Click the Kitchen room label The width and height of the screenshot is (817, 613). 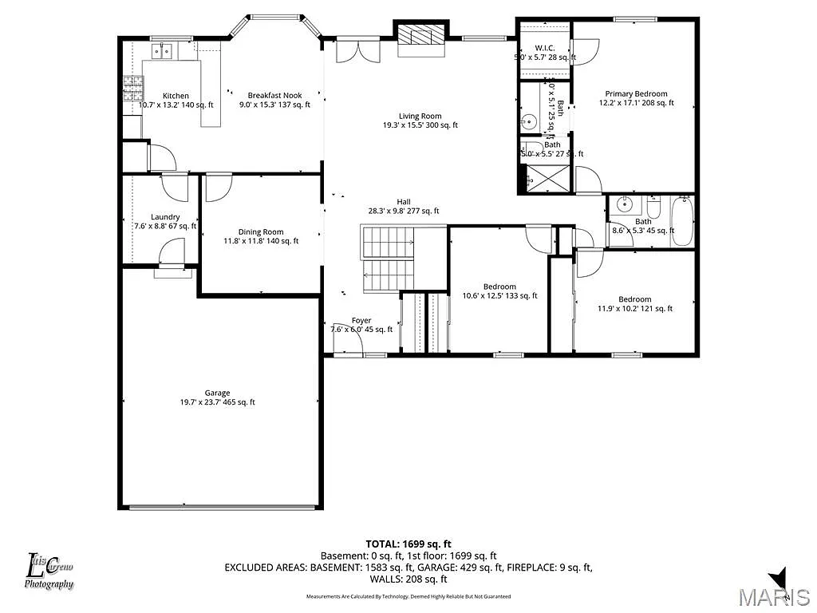click(176, 96)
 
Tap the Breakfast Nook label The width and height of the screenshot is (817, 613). click(274, 95)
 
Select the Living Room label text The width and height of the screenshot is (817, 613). click(420, 116)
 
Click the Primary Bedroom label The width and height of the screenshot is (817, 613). click(636, 93)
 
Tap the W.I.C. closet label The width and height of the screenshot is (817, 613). click(544, 48)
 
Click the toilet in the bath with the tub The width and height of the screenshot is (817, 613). click(653, 209)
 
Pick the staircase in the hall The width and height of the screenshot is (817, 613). click(389, 259)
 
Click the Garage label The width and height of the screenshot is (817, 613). click(217, 393)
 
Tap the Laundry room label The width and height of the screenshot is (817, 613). click(165, 217)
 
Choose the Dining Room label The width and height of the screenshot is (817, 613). click(261, 231)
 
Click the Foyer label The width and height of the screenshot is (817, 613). click(361, 320)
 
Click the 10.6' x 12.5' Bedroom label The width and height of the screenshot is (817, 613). click(499, 287)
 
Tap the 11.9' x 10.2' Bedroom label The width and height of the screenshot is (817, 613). click(635, 299)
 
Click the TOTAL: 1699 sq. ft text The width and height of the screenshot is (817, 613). click(408, 544)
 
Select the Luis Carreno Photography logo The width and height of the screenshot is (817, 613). click(49, 571)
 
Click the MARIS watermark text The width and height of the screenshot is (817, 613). click(773, 596)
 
